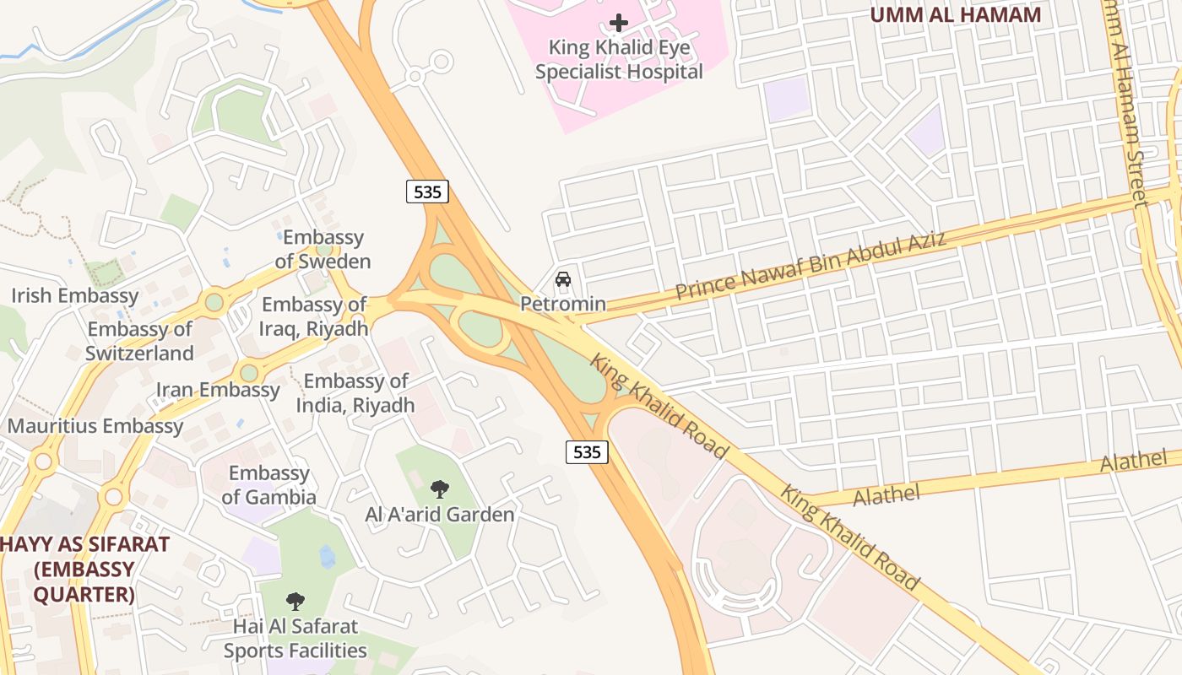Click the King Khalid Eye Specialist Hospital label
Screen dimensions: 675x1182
coord(619,60)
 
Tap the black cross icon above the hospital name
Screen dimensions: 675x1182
coord(619,23)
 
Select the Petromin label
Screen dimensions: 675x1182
coord(563,304)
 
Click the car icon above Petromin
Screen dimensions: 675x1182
coord(563,279)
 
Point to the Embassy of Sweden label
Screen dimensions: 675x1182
coord(323,249)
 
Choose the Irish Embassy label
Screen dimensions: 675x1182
coord(74,295)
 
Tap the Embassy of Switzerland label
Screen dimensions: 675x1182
coord(139,341)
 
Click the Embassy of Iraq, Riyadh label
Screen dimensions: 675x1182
coord(314,316)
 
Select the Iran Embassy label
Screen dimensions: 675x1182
coord(218,390)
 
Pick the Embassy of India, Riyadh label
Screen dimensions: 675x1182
coord(355,393)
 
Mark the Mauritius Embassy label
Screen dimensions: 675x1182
coord(95,426)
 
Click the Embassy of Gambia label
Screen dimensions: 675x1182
coord(268,485)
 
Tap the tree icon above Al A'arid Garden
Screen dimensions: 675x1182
coord(439,489)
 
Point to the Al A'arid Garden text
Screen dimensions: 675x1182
coord(439,514)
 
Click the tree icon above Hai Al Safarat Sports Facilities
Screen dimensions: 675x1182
coord(295,602)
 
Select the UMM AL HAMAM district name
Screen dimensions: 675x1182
coord(955,14)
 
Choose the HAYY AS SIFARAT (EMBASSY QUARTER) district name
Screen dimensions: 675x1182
coord(84,570)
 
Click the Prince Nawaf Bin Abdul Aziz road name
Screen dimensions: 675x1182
coord(811,267)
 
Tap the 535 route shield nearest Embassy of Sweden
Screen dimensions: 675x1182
coord(427,192)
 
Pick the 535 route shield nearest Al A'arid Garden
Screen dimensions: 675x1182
coord(587,451)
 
